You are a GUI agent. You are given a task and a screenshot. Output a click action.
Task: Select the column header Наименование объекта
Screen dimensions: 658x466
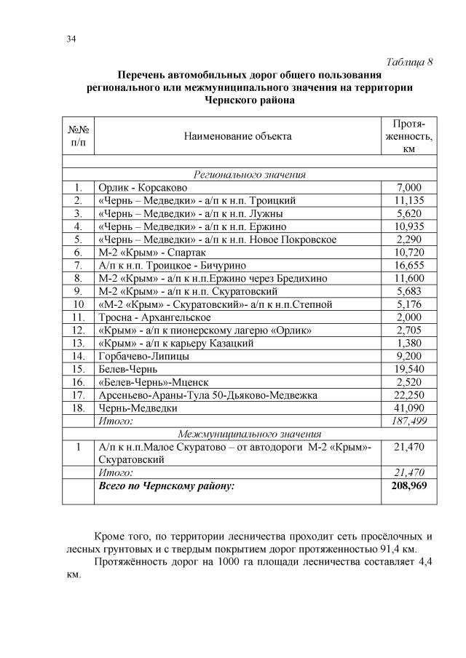click(x=237, y=135)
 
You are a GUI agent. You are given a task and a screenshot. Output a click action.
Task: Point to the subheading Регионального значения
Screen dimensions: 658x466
click(x=249, y=175)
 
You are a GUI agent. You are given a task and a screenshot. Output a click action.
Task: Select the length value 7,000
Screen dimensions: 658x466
click(x=408, y=188)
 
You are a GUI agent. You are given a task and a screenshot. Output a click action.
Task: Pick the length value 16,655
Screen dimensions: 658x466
click(x=408, y=265)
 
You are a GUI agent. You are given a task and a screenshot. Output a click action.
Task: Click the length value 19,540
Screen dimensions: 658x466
click(x=408, y=369)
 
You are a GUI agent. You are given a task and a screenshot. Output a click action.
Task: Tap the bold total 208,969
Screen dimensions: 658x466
click(x=408, y=485)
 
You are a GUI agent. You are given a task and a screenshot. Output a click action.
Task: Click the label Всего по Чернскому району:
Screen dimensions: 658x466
click(x=166, y=485)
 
